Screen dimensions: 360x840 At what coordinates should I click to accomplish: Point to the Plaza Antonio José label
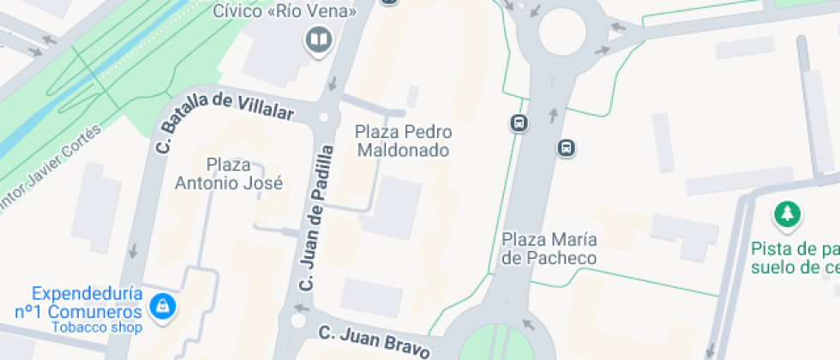[229, 172]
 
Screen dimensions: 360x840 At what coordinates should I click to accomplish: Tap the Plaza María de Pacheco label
[549, 248]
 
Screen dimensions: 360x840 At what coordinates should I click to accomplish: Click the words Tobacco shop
[95, 327]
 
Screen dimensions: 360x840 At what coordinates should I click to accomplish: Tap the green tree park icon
[786, 214]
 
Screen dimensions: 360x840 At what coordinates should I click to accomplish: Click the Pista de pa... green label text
[793, 257]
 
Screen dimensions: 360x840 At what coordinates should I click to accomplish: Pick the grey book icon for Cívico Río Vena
[319, 39]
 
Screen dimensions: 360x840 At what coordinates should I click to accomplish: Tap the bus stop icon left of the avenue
[519, 123]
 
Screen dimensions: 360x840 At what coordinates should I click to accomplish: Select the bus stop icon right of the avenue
[566, 147]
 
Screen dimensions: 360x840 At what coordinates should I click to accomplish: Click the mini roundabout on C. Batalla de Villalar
[323, 117]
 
